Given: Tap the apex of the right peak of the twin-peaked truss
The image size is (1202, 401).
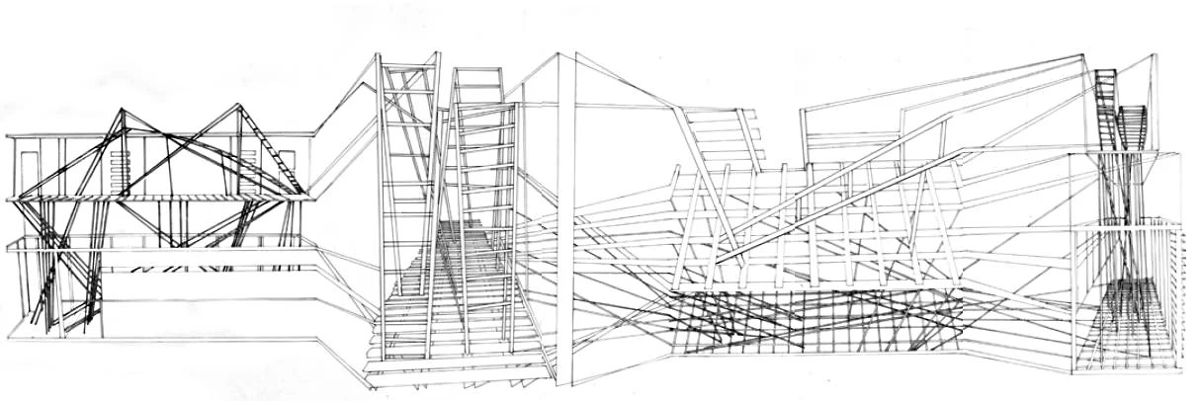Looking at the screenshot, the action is click(x=237, y=105).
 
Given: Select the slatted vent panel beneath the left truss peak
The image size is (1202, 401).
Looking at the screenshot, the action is click(x=121, y=168).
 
